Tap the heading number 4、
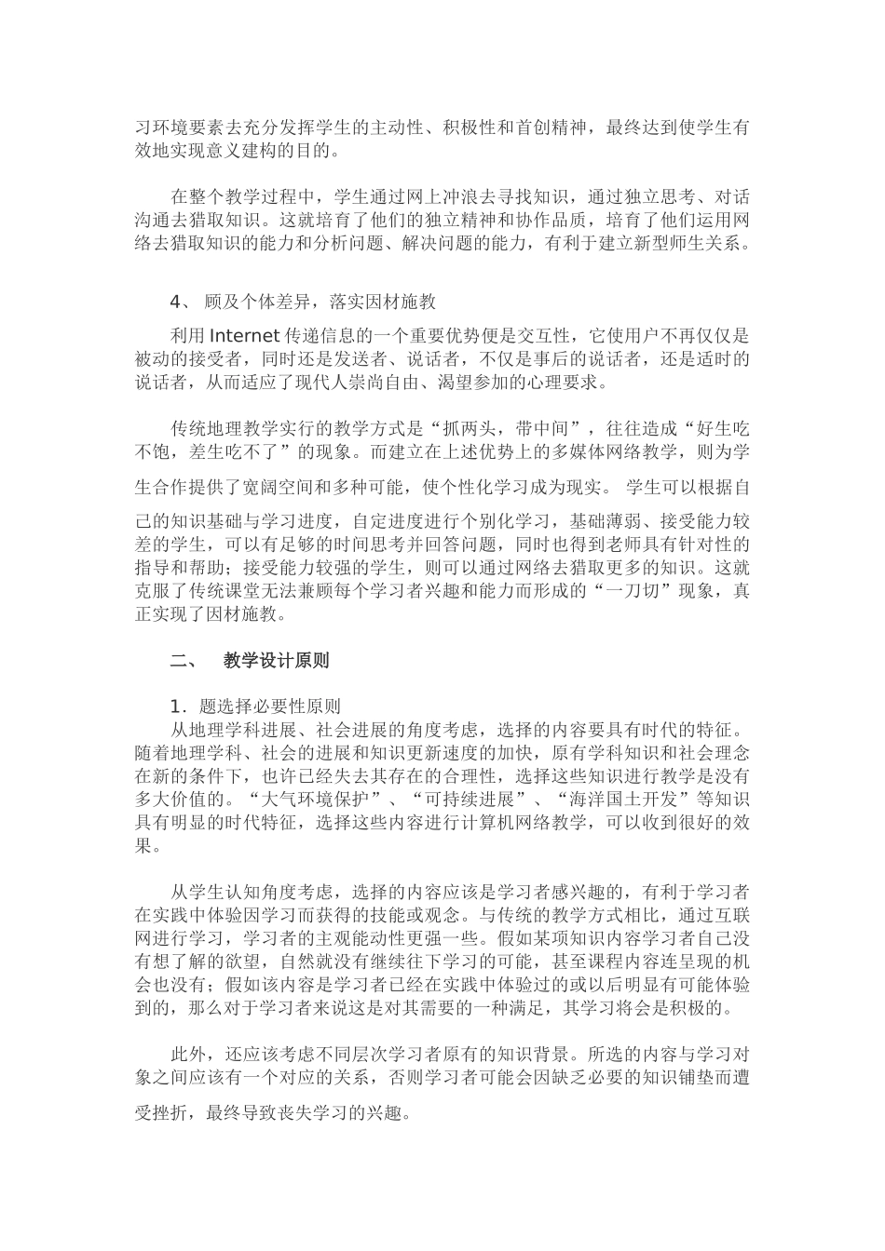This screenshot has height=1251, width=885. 182,303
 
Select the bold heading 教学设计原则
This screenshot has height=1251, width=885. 277,661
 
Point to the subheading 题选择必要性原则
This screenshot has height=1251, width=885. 265,705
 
